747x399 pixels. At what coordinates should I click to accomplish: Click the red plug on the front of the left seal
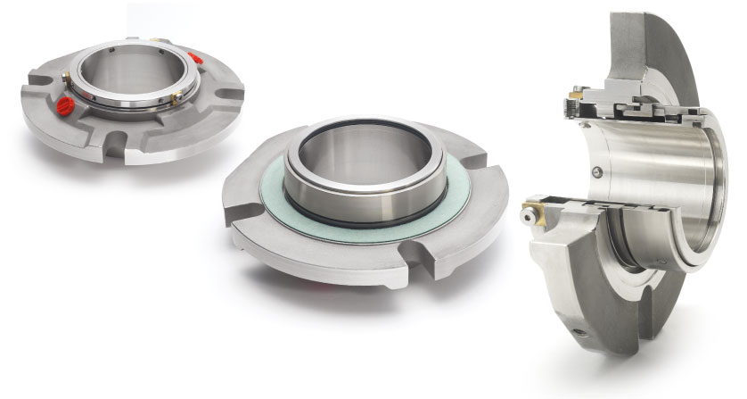click(64, 106)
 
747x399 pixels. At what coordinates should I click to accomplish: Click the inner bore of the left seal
click(134, 76)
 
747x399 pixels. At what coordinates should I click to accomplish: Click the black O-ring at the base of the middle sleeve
click(374, 220)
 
